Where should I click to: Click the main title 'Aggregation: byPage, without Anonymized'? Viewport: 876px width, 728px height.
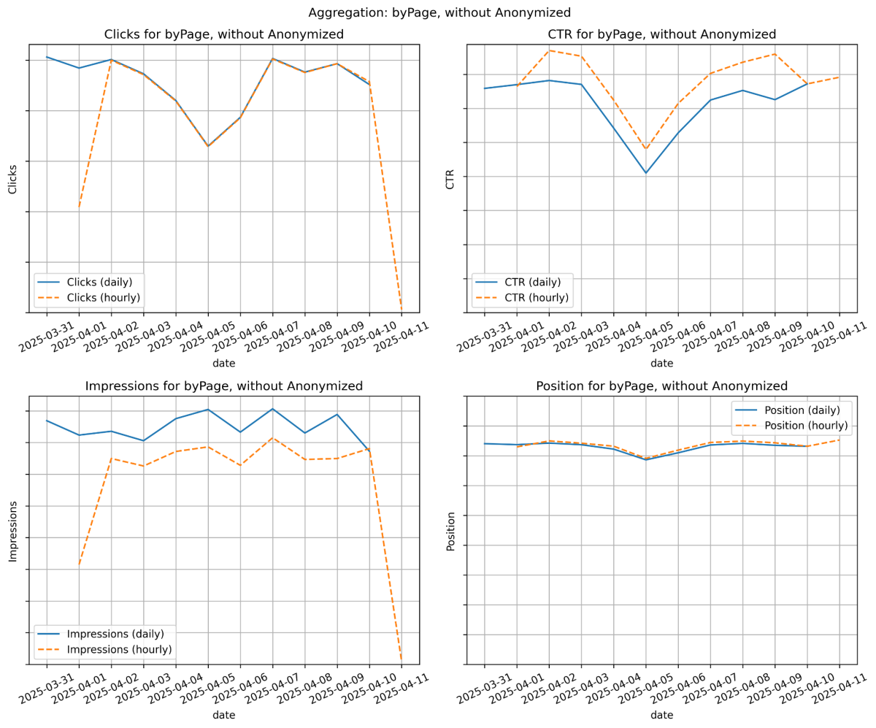[x=439, y=12]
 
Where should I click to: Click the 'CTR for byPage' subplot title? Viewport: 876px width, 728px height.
[x=661, y=34]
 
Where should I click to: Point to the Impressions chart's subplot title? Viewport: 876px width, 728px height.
[x=223, y=386]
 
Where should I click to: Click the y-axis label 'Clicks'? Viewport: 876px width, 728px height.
[x=12, y=179]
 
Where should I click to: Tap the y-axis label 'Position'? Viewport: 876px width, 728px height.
[x=450, y=531]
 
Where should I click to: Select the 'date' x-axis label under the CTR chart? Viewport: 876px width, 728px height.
[x=661, y=363]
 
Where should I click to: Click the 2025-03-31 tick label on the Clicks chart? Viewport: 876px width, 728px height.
[x=47, y=337]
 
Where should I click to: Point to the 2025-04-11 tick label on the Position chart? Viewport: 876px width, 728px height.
[x=839, y=689]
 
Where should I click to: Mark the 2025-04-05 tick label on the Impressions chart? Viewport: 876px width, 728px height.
[x=208, y=689]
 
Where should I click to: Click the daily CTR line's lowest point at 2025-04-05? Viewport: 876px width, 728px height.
[x=646, y=173]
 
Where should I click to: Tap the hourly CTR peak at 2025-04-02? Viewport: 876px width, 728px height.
[x=549, y=51]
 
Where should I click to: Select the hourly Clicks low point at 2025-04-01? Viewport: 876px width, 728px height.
[x=80, y=207]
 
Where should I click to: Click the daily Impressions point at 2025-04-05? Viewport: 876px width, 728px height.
[x=208, y=410]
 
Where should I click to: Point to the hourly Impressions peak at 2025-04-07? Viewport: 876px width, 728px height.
[x=273, y=438]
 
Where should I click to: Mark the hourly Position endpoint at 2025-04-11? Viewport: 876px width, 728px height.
[x=839, y=440]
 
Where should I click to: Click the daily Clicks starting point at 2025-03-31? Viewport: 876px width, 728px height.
[x=47, y=57]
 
